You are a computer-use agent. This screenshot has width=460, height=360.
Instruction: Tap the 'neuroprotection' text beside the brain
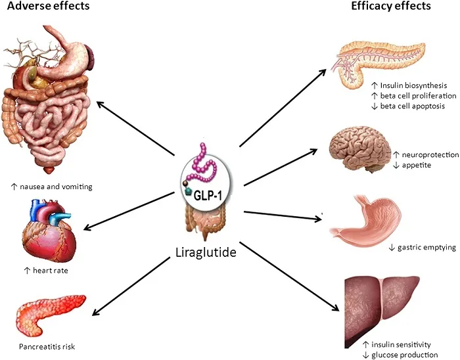pos(426,155)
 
